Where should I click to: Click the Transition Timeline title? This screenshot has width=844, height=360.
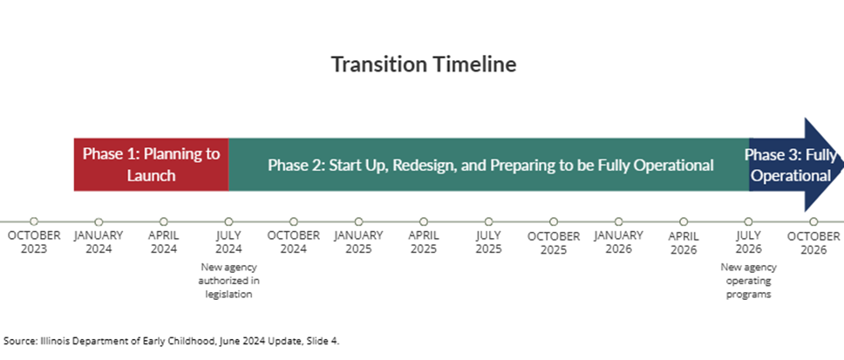point(424,64)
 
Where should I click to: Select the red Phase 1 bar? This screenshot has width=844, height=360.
point(151,165)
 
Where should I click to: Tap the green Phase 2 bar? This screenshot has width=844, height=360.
point(489,165)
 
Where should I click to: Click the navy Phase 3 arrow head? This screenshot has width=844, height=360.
point(824,165)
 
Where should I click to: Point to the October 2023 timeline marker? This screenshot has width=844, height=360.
point(34,221)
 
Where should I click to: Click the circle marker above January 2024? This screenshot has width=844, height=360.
point(99,221)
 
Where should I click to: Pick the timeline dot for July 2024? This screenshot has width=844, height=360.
point(228,221)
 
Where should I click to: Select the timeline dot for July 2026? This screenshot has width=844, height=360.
point(748,221)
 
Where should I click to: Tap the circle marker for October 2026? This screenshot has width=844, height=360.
point(813,221)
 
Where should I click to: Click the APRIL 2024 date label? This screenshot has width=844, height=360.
point(164,242)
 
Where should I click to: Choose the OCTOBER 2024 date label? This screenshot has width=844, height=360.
point(293,242)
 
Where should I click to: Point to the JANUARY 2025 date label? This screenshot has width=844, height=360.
point(358,242)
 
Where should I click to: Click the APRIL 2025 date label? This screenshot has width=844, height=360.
point(424,242)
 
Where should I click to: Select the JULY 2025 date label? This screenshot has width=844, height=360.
point(489,242)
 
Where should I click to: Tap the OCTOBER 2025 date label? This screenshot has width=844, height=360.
point(554,242)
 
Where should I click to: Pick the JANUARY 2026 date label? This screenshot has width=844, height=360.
point(618,242)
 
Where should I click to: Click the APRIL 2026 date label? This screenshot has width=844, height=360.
point(684,242)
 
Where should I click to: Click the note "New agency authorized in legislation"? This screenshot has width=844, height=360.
point(228,281)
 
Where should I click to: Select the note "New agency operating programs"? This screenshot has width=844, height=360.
point(748,281)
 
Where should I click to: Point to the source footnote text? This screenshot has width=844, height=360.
point(172,341)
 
